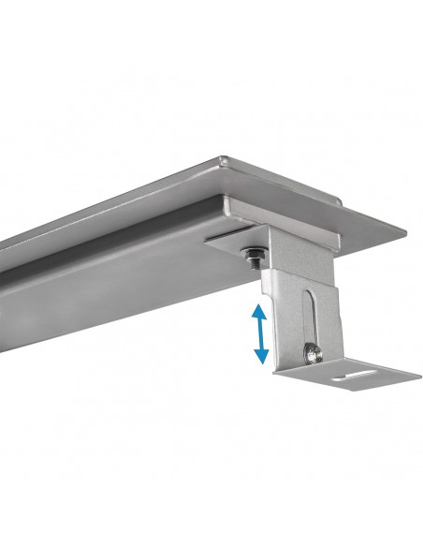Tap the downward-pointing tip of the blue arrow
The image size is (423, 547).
coord(263,362)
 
